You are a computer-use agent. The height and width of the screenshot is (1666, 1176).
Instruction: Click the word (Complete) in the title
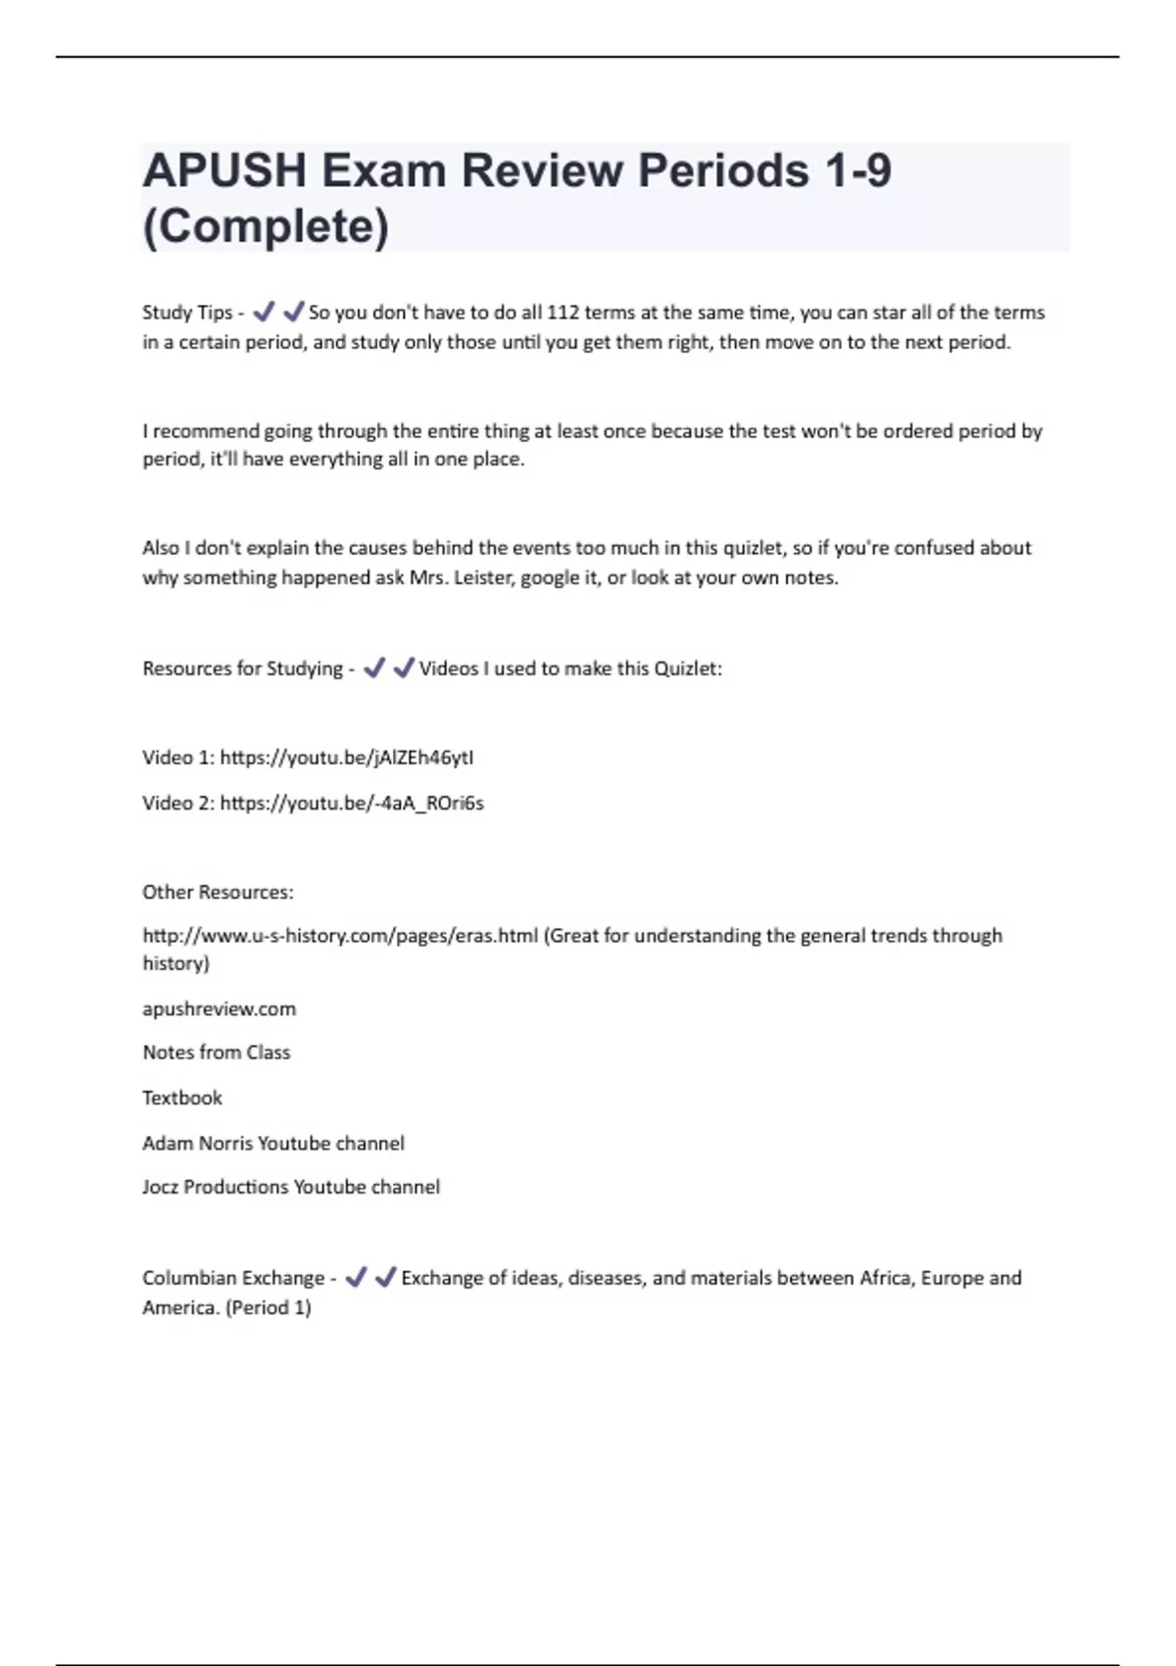[266, 226]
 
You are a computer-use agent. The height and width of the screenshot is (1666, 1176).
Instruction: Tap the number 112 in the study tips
[563, 313]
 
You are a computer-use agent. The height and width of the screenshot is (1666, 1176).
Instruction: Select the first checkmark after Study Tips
[263, 313]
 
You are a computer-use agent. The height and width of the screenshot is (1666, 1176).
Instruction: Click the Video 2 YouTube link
[352, 804]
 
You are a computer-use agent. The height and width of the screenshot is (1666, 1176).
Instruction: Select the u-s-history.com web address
[340, 936]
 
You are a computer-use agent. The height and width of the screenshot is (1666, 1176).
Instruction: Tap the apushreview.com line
[219, 1009]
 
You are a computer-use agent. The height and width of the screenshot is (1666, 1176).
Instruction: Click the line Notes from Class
[217, 1053]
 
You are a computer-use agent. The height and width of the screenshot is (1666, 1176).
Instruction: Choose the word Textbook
[182, 1098]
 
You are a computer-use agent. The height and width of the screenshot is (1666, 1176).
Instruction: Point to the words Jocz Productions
[216, 1187]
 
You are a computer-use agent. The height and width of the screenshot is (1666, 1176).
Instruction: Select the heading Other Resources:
[218, 892]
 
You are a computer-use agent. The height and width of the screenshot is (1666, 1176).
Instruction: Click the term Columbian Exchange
[233, 1278]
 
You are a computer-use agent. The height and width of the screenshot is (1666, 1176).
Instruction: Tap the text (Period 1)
[269, 1307]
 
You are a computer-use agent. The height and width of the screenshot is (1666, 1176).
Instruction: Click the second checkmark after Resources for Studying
[403, 668]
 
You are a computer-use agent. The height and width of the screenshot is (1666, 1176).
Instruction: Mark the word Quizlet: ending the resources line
[688, 668]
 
